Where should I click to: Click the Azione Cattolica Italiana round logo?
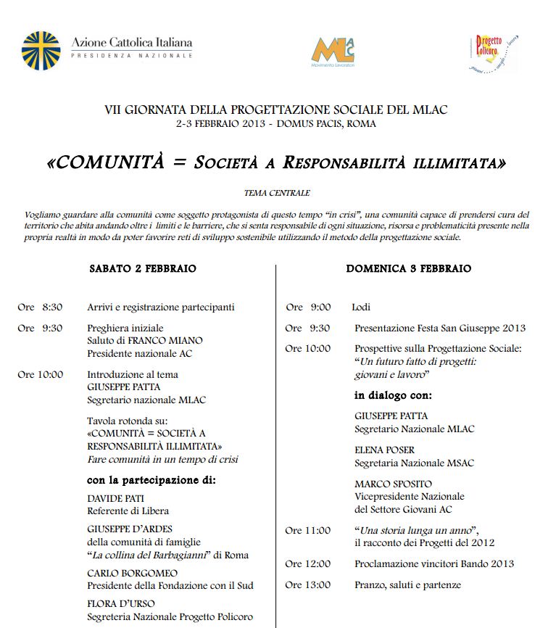pyautogui.click(x=41, y=50)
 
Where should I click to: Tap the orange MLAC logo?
pyautogui.click(x=333, y=50)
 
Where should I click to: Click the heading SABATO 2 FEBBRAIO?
pyautogui.click(x=143, y=268)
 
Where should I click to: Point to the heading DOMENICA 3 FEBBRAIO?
pyautogui.click(x=409, y=268)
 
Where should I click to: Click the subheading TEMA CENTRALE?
pyautogui.click(x=277, y=193)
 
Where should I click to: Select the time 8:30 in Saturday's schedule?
pyautogui.click(x=52, y=307)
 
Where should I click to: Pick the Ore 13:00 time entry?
pyautogui.click(x=307, y=585)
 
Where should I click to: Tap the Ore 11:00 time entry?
pyautogui.click(x=307, y=530)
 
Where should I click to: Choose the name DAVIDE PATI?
pyautogui.click(x=116, y=499)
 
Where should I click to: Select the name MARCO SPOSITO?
pyautogui.click(x=393, y=484)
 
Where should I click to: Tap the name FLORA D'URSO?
pyautogui.click(x=121, y=603)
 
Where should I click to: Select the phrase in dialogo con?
pyautogui.click(x=393, y=396)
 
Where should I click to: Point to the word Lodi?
pyautogui.click(x=361, y=307)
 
